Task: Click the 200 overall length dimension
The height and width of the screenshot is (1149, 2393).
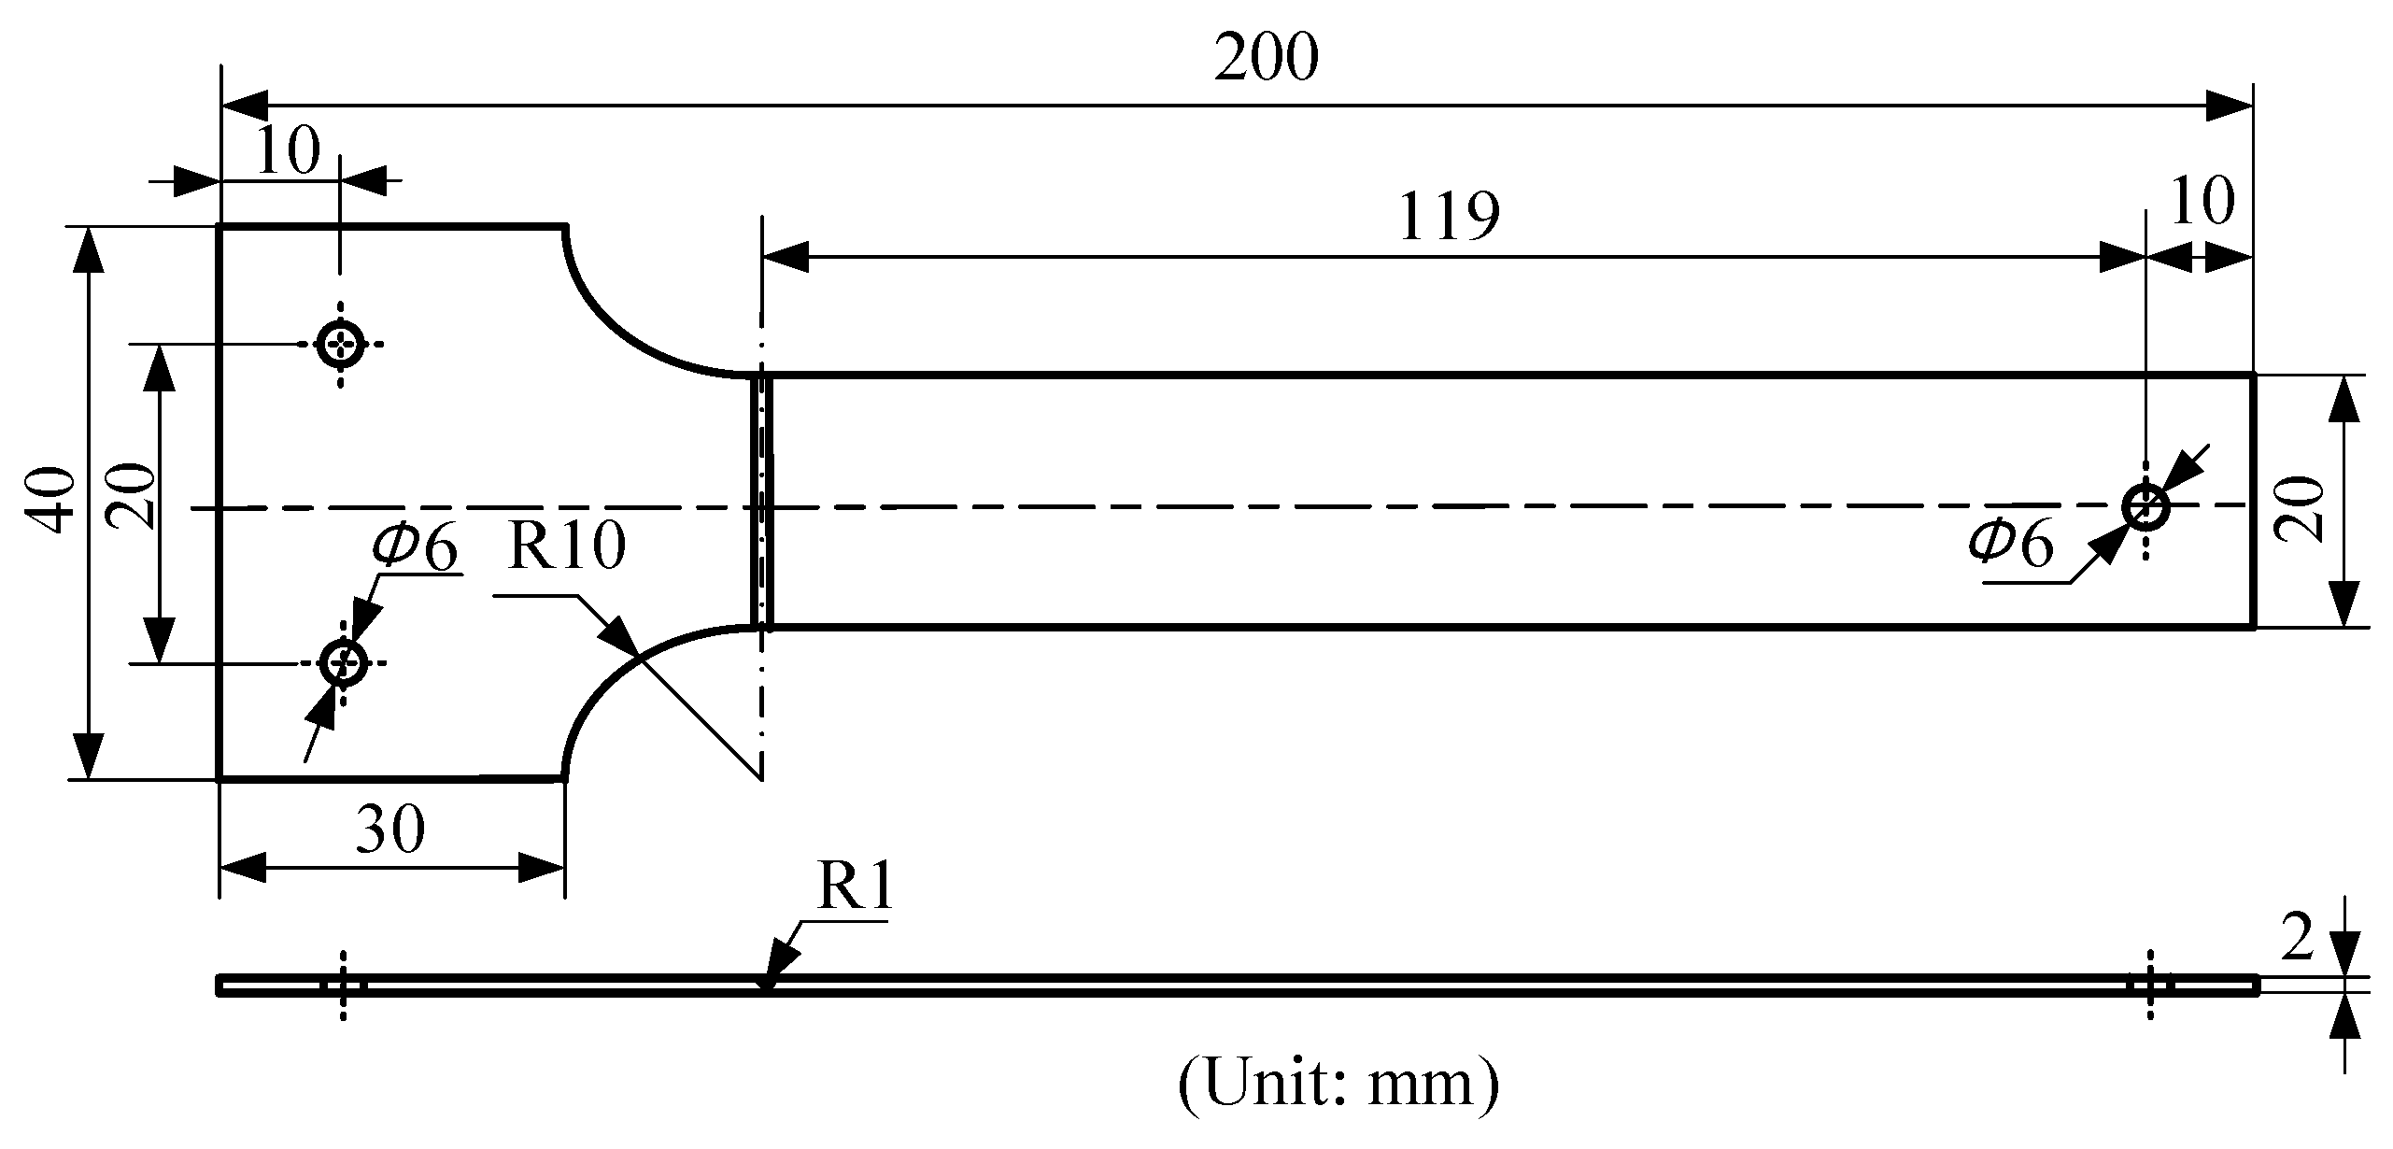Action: [1266, 59]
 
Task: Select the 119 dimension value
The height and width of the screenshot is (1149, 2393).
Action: [1449, 217]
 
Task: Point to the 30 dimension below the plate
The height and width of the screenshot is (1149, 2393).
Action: [390, 829]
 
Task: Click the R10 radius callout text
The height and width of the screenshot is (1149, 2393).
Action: [566, 546]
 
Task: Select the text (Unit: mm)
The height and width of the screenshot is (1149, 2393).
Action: [1338, 1084]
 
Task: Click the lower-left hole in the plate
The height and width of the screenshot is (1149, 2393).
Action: [342, 664]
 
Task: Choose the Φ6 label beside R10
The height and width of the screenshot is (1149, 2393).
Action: [416, 548]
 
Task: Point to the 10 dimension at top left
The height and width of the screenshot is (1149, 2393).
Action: [287, 151]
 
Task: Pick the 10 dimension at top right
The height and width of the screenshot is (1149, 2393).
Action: [2202, 201]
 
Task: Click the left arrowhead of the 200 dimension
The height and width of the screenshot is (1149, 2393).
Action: [245, 106]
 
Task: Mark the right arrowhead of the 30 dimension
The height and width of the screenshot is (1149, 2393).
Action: [542, 868]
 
